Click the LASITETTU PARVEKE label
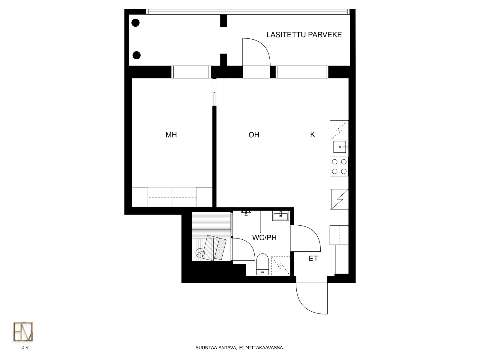(304, 35)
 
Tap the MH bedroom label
(171, 135)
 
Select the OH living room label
(254, 135)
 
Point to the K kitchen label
(313, 135)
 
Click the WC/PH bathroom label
(264, 238)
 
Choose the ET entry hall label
(313, 259)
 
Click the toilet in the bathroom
(262, 264)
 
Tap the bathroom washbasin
(280, 216)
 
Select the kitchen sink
(340, 147)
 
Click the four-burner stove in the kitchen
(339, 166)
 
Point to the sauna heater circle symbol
(200, 253)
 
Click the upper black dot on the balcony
(136, 23)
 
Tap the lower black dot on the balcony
(137, 55)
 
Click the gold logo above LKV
(23, 331)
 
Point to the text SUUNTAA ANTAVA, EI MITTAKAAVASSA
(240, 347)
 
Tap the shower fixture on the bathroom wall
(246, 213)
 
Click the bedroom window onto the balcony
(191, 72)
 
